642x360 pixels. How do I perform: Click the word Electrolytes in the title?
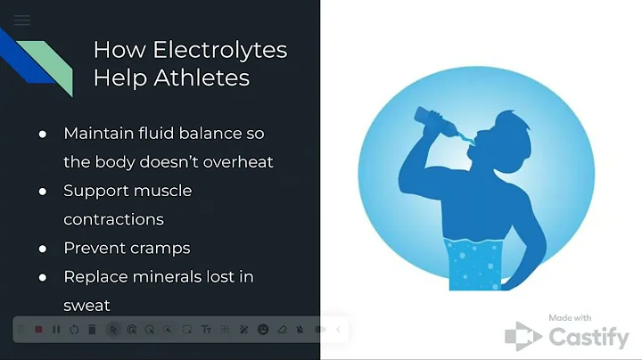[x=190, y=49]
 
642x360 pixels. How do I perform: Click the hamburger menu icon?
[x=22, y=20]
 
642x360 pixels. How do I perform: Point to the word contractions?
[x=113, y=218]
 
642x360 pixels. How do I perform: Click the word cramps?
[x=159, y=248]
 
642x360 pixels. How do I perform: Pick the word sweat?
[x=86, y=305]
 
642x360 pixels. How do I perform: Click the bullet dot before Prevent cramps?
[x=43, y=248]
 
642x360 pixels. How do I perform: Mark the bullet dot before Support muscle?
[x=43, y=191]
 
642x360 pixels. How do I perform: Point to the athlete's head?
[x=494, y=138]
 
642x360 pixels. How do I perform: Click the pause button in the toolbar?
[x=56, y=330]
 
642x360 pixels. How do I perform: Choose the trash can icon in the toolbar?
[x=93, y=330]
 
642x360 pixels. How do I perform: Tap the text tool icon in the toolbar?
[x=206, y=330]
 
